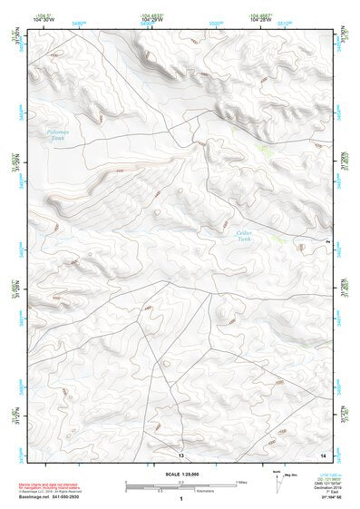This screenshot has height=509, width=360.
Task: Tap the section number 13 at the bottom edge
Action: tap(180, 454)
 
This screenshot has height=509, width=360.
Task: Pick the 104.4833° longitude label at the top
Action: tap(152, 17)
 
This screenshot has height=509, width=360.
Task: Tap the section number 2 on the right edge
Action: tap(327, 241)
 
